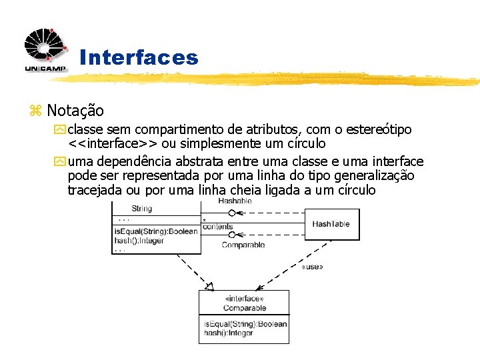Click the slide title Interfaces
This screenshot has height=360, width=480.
pos(139,58)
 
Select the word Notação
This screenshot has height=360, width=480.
pos(75,111)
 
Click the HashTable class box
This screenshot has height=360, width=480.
pos(331,224)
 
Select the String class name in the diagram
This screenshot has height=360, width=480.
pos(141,209)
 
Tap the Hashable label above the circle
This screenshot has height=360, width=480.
pos(235,201)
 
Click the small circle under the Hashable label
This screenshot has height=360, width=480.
pos(232,213)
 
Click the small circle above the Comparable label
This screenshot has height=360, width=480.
pos(232,234)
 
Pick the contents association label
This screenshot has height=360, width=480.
pos(218,227)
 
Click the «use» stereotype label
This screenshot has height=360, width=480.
pos(312,267)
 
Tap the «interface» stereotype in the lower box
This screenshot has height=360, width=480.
pos(244,299)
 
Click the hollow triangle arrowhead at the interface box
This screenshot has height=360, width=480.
pos(209,287)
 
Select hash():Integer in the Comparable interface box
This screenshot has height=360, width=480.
pos(229,333)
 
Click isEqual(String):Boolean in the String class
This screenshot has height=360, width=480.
pos(156,232)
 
